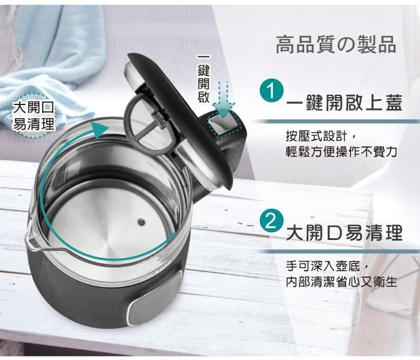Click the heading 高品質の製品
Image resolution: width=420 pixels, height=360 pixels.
point(335,44)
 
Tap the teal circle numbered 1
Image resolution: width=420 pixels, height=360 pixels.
point(271,91)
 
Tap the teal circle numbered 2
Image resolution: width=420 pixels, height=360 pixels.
point(271,222)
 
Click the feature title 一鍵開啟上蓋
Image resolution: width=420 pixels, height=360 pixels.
point(344,103)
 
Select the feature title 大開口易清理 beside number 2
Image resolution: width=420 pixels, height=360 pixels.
point(344,233)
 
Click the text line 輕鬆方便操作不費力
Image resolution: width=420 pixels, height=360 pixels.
point(341,152)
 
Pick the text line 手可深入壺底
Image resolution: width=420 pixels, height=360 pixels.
point(328,266)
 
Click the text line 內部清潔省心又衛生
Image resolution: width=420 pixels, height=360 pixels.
point(341,282)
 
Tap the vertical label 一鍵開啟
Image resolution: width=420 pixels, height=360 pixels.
point(203,79)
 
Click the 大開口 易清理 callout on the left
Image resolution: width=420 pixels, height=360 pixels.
point(34,116)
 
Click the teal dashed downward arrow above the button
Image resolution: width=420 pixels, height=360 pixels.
point(223,100)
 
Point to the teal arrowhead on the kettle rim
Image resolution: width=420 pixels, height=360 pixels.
point(100,130)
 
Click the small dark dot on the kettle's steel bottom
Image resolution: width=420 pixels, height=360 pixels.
point(141,222)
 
